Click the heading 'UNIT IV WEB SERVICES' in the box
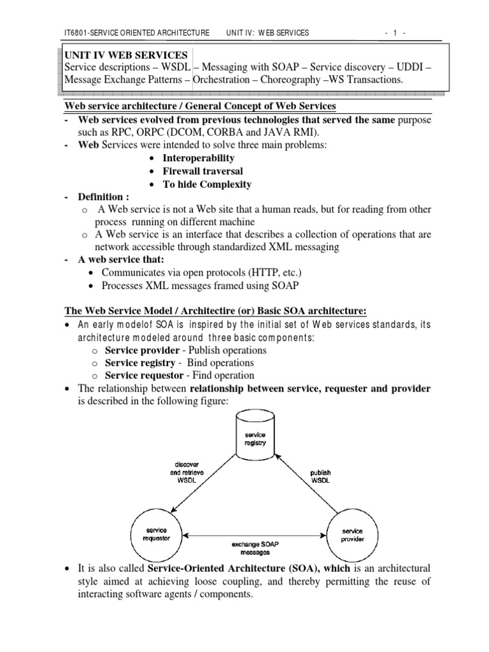click(126, 55)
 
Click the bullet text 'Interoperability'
click(199, 158)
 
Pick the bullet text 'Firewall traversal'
click(202, 171)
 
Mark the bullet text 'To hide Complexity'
click(207, 185)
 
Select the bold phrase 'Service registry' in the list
click(139, 362)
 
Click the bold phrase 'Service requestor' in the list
click(143, 375)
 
